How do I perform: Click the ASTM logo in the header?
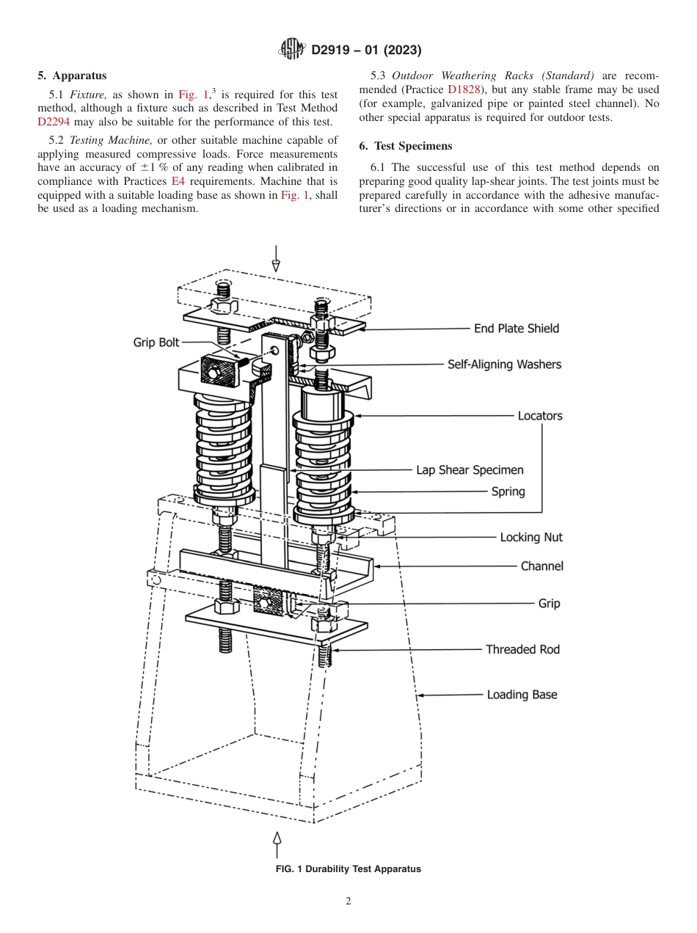tap(293, 50)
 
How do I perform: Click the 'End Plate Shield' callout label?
tap(516, 329)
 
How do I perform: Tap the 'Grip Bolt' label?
tap(156, 343)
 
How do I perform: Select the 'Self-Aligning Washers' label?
tap(504, 364)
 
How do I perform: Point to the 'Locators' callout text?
tap(540, 416)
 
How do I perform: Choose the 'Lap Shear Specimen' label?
tap(470, 470)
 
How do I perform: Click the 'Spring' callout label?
tap(508, 491)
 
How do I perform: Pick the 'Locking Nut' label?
tap(531, 538)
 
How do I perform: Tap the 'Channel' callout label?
tap(541, 566)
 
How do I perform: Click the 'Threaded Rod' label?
tap(522, 649)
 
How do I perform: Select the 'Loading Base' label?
tap(522, 695)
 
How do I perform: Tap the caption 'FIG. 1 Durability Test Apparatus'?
tap(348, 869)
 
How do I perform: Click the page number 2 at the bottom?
tap(348, 901)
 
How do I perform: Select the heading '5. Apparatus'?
tap(72, 76)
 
